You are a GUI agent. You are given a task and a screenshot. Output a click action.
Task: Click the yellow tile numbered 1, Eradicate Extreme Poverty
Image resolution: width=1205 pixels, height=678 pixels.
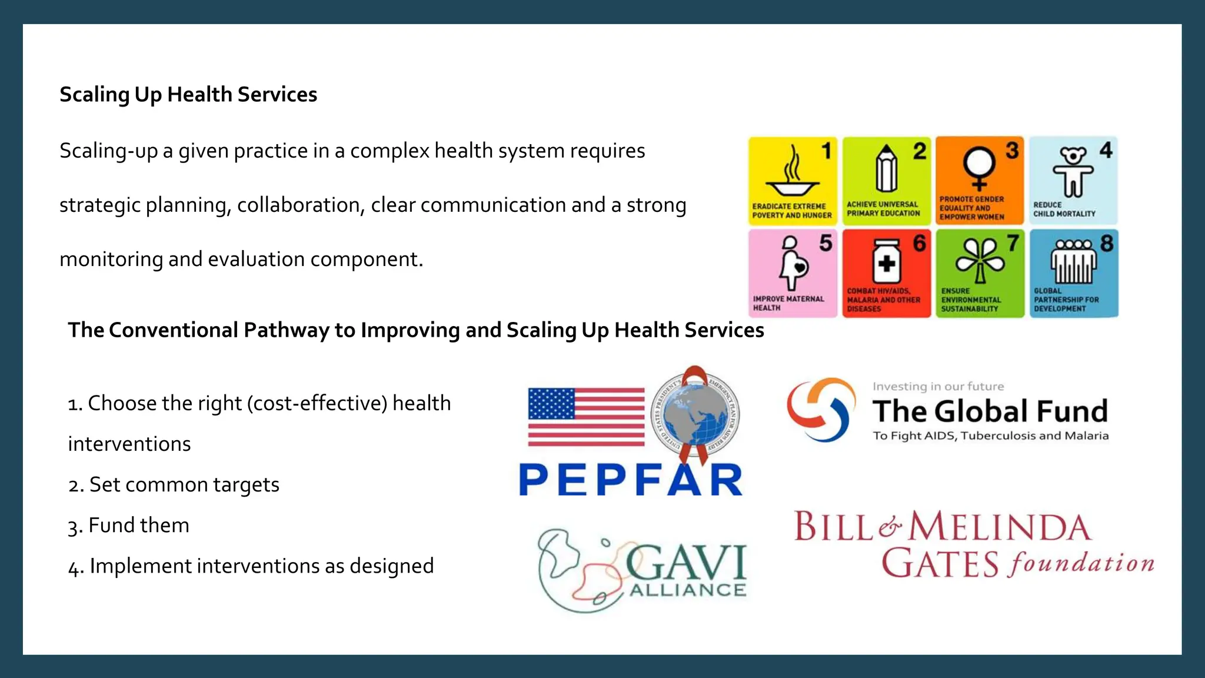792,181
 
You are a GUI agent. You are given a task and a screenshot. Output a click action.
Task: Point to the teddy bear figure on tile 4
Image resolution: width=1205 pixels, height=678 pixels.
1073,171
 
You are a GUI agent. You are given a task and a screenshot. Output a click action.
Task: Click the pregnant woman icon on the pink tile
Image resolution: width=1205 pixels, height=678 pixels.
792,263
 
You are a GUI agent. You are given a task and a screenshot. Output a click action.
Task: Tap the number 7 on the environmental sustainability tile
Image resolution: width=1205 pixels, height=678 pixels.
1013,242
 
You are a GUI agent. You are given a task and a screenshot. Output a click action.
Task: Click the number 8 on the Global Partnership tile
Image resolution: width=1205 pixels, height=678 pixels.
1106,243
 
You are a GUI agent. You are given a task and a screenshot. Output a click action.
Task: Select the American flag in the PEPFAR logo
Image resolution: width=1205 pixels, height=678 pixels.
586,417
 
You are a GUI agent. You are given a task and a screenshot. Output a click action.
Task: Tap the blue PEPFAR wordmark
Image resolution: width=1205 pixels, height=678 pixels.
631,480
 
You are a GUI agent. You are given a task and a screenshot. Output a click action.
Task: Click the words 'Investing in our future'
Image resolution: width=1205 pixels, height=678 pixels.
938,387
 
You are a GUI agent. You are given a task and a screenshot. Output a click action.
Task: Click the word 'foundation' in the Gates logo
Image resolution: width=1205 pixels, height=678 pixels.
1081,564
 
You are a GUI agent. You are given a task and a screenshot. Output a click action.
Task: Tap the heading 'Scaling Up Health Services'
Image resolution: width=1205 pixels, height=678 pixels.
188,94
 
